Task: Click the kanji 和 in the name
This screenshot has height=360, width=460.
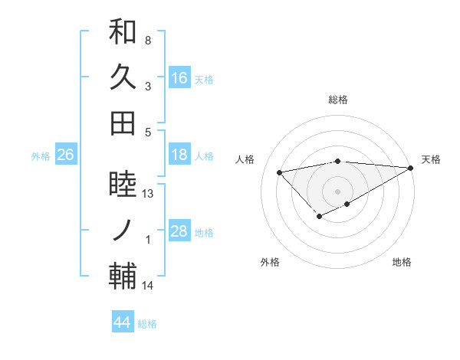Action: pyautogui.click(x=123, y=32)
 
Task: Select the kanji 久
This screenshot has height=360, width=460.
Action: pyautogui.click(x=123, y=77)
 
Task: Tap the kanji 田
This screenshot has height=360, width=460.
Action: pyautogui.click(x=123, y=123)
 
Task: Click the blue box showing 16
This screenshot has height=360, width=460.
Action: pyautogui.click(x=179, y=78)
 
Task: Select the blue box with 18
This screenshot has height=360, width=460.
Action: pyautogui.click(x=179, y=155)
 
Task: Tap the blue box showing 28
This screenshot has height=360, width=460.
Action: pyautogui.click(x=179, y=232)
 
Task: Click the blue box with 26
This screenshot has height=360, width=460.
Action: pyautogui.click(x=66, y=155)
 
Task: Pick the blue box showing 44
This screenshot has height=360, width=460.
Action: pyautogui.click(x=123, y=322)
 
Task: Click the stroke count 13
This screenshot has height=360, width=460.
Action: pyautogui.click(x=148, y=194)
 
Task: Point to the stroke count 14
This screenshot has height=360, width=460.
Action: pyautogui.click(x=148, y=286)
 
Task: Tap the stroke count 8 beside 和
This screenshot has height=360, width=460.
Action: pyautogui.click(x=147, y=41)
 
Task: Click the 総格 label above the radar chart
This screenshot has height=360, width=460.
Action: pyautogui.click(x=337, y=100)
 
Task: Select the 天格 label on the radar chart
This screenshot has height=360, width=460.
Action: pyautogui.click(x=431, y=159)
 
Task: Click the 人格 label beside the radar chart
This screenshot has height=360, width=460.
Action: pyautogui.click(x=245, y=159)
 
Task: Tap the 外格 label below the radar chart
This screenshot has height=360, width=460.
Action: pyautogui.click(x=270, y=263)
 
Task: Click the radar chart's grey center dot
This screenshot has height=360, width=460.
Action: pyautogui.click(x=337, y=191)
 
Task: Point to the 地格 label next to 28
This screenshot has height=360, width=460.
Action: pyautogui.click(x=205, y=232)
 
